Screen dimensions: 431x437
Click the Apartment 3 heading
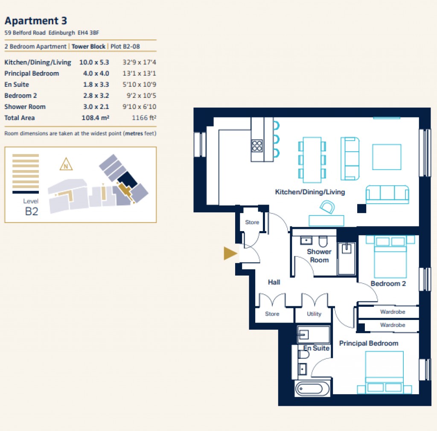(x=36, y=21)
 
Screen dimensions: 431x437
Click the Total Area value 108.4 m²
(x=95, y=118)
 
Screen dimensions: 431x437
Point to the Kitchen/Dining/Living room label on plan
(x=310, y=192)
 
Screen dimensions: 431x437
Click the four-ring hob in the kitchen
(x=257, y=146)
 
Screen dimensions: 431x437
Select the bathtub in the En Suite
(x=312, y=390)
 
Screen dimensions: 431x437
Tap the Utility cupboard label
(x=314, y=314)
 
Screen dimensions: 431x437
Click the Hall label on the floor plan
(x=274, y=282)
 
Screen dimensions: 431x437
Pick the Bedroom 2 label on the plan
(x=388, y=284)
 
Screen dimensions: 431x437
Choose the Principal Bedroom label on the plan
(x=368, y=343)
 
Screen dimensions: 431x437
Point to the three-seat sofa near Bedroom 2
(x=387, y=194)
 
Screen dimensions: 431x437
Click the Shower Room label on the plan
(x=319, y=256)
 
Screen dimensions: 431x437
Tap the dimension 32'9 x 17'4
(x=139, y=62)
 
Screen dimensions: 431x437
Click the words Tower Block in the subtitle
(x=88, y=47)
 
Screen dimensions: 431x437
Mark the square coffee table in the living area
(x=387, y=157)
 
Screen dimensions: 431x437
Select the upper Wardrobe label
(x=393, y=312)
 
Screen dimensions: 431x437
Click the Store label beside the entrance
(x=252, y=223)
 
